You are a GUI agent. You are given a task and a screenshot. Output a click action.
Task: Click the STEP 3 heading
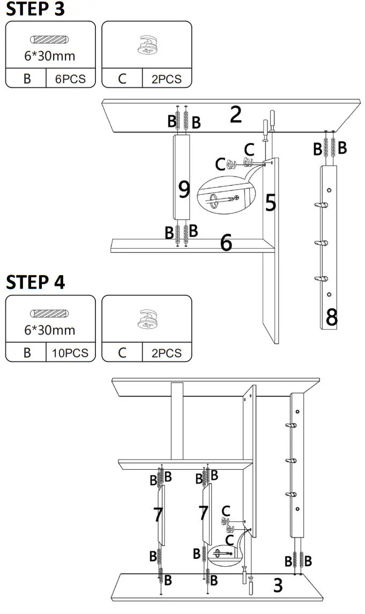point(35,9)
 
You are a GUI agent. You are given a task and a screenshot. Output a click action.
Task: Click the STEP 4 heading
point(35,282)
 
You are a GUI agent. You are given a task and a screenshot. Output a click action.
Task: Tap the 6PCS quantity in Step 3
point(71,79)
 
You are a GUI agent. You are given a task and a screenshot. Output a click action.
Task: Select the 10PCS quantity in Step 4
point(71,353)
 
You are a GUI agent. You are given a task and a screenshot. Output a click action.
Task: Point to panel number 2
point(236,115)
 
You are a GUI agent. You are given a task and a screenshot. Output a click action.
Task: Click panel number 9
point(184,189)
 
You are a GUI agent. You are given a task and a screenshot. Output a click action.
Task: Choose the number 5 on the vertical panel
point(271,203)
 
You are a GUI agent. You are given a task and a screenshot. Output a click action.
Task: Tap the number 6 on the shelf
point(226,243)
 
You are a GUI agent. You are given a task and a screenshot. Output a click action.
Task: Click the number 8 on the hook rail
point(332,317)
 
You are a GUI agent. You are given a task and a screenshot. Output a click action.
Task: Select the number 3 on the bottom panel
point(278,585)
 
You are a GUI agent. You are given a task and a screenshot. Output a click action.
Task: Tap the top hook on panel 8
point(321,205)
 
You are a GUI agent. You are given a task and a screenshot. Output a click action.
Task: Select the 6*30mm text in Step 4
point(49,329)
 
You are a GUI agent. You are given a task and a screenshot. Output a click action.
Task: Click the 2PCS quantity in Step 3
point(167,79)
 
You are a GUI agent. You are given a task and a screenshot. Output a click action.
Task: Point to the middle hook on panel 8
point(321,244)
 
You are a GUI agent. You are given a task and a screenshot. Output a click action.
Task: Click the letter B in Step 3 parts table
point(27,79)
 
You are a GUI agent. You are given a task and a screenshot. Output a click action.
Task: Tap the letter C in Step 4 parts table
point(122,353)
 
